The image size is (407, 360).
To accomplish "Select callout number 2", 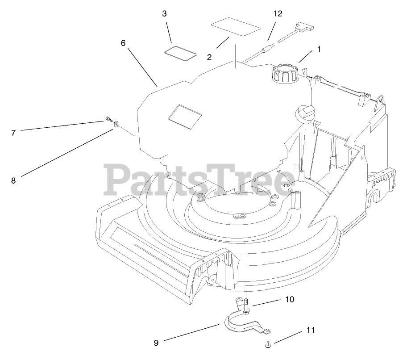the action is click(x=209, y=57).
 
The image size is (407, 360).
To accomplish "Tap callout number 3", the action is click(x=165, y=14).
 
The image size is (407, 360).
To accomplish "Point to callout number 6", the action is click(x=123, y=43).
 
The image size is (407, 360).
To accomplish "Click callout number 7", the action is click(x=13, y=133).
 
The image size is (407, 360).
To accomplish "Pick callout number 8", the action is click(x=13, y=180).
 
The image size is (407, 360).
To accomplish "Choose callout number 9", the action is click(x=156, y=343).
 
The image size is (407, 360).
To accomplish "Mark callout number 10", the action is click(x=290, y=299).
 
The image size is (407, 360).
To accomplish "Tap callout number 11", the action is click(x=311, y=330).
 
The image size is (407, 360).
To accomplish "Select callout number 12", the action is click(x=278, y=14).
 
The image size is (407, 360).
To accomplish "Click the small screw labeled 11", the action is click(x=267, y=344).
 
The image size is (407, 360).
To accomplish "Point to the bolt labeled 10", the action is click(x=246, y=306).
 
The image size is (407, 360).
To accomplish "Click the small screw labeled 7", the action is click(x=108, y=119).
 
